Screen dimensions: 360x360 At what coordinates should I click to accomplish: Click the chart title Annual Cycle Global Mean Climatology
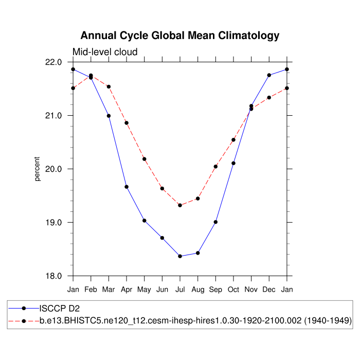pyautogui.click(x=180, y=35)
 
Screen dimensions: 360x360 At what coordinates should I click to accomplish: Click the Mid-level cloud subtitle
pyautogui.click(x=105, y=51)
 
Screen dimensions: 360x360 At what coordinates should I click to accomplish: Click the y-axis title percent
pyautogui.click(x=37, y=169)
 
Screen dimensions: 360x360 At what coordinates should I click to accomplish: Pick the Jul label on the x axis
pyautogui.click(x=180, y=290)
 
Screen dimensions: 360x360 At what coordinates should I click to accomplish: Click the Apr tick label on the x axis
pyautogui.click(x=127, y=290)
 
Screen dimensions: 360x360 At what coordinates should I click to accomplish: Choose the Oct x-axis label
pyautogui.click(x=233, y=290)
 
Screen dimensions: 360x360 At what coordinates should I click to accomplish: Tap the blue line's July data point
pyautogui.click(x=180, y=256)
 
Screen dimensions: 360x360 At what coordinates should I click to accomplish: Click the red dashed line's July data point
pyautogui.click(x=180, y=205)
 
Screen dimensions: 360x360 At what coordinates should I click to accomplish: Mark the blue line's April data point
pyautogui.click(x=127, y=187)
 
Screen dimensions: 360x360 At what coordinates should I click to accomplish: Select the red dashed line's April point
pyautogui.click(x=127, y=123)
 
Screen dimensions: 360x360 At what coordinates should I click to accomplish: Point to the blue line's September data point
pyautogui.click(x=215, y=222)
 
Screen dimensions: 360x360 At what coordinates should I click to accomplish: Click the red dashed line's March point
pyautogui.click(x=109, y=86)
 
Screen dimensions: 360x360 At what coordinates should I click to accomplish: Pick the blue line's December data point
pyautogui.click(x=269, y=75)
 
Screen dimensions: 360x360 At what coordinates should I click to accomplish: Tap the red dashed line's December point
pyautogui.click(x=269, y=97)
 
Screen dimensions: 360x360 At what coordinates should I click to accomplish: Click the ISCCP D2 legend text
pyautogui.click(x=61, y=309)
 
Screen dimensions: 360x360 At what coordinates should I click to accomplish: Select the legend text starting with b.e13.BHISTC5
pyautogui.click(x=195, y=320)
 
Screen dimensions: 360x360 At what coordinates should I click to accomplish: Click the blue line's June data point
pyautogui.click(x=162, y=238)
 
